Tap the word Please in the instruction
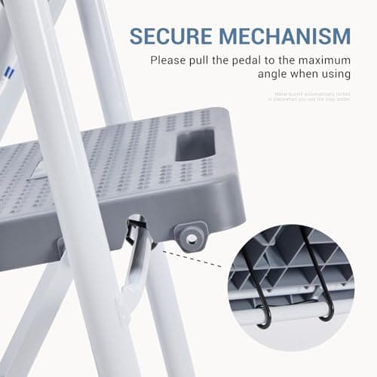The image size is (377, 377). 169,60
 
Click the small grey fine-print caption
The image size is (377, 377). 311,97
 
